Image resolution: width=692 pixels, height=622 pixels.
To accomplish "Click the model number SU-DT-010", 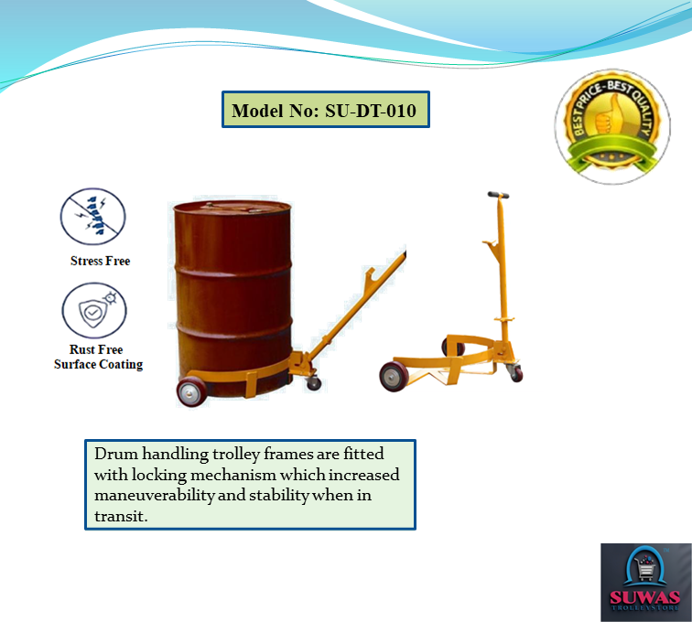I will (x=371, y=112).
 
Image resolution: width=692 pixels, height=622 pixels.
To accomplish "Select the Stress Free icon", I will (x=92, y=216).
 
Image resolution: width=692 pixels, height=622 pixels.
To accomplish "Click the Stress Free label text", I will (x=100, y=261).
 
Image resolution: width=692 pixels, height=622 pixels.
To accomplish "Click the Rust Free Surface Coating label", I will (x=98, y=357).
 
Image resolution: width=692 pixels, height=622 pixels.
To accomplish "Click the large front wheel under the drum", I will (x=195, y=390).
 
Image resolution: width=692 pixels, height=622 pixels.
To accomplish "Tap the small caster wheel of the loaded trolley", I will (x=314, y=382).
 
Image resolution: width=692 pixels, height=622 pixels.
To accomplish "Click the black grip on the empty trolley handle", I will (x=498, y=196).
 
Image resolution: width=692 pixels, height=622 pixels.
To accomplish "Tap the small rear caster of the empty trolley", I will (x=517, y=372).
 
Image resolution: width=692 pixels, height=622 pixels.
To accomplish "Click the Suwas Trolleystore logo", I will (x=645, y=583).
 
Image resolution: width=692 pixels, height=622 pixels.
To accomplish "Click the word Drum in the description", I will (x=115, y=455).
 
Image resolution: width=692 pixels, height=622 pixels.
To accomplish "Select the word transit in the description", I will (x=119, y=517).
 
